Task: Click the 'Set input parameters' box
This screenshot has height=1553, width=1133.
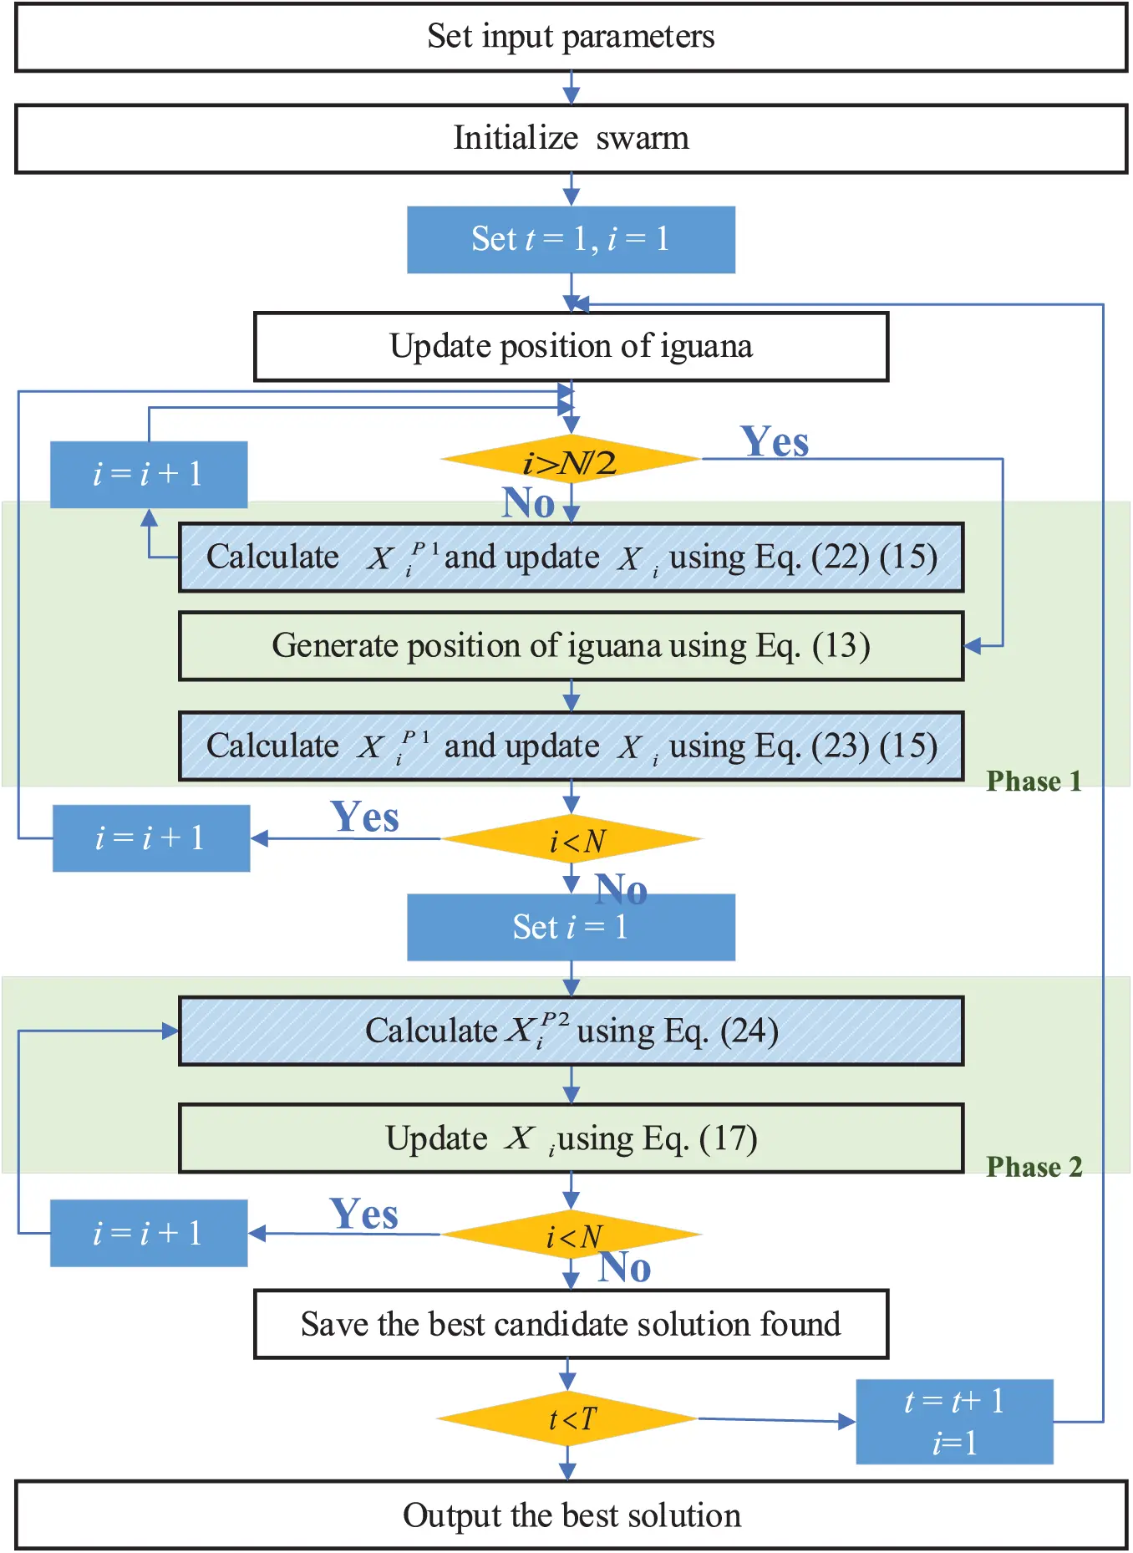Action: coord(571,38)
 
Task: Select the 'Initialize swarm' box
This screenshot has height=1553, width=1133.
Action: coord(571,139)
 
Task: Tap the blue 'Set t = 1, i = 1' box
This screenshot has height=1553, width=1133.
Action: coord(571,240)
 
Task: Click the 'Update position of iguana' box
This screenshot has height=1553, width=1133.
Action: coord(571,347)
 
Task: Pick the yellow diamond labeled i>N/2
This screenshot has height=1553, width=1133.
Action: coord(571,461)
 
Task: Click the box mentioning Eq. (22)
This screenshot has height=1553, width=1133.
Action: coord(571,558)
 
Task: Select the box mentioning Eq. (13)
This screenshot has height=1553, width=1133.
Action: coord(571,646)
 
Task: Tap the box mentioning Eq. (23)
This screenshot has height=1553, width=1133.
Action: coord(571,746)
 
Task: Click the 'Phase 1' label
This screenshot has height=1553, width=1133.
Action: coord(1034,782)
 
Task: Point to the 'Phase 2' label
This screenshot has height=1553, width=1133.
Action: coord(1034,1167)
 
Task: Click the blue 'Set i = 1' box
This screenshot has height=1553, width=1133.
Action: coord(571,928)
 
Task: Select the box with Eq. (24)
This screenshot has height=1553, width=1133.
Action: coord(571,1031)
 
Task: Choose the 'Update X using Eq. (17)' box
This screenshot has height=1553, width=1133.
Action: coord(571,1138)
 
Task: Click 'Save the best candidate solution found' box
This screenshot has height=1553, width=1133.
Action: coord(571,1325)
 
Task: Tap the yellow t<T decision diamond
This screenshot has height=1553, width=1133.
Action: coord(568,1418)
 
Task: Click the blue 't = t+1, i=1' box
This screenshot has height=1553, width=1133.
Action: coord(954,1422)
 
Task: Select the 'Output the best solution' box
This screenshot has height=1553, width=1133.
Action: coord(571,1515)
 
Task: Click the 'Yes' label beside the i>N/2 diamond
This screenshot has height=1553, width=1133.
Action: coord(775,441)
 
